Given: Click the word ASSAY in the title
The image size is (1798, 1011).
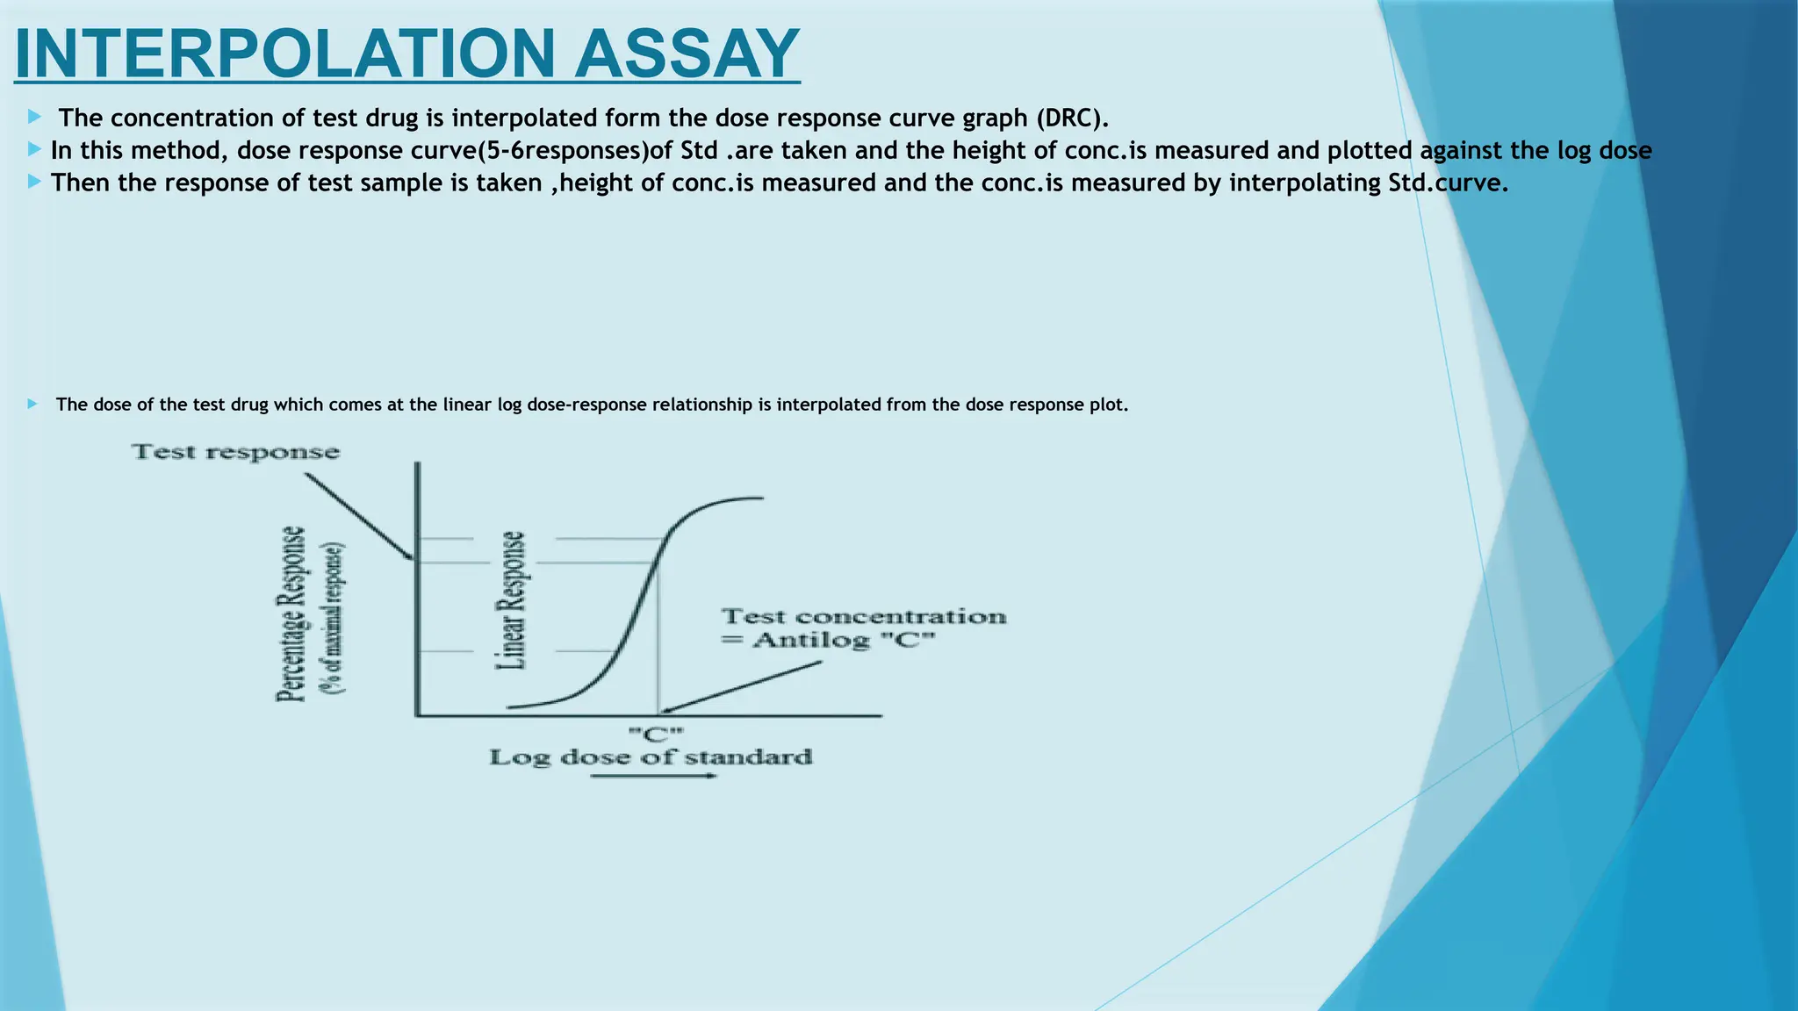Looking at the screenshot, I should click(x=687, y=54).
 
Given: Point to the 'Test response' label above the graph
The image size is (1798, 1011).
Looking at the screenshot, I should click(x=235, y=453).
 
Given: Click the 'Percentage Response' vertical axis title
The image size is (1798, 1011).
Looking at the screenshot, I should click(x=291, y=614).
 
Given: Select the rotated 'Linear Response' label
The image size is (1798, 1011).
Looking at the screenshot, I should click(x=512, y=601).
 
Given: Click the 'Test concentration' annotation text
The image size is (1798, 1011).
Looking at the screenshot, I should click(x=864, y=617).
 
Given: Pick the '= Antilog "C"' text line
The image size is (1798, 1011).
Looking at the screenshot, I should click(x=829, y=640).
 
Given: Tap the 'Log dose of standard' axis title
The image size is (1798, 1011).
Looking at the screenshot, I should click(x=651, y=756).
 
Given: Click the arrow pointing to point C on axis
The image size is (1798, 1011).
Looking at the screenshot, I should click(x=743, y=686).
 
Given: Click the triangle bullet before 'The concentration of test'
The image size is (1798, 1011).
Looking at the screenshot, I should click(x=33, y=117).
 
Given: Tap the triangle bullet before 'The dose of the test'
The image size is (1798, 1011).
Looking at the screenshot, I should click(x=32, y=404).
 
